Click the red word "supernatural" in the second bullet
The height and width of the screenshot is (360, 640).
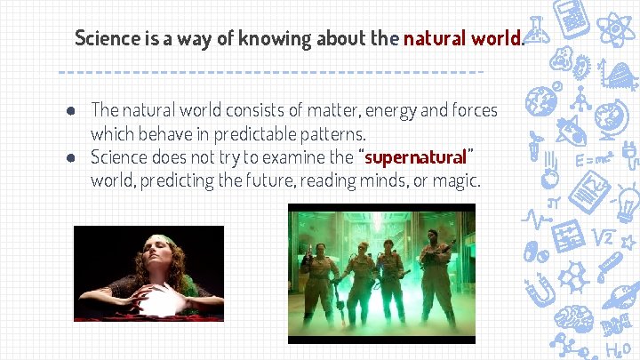tap(415, 158)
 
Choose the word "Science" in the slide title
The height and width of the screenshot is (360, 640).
tap(108, 38)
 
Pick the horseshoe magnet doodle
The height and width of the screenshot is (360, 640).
tap(540, 290)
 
